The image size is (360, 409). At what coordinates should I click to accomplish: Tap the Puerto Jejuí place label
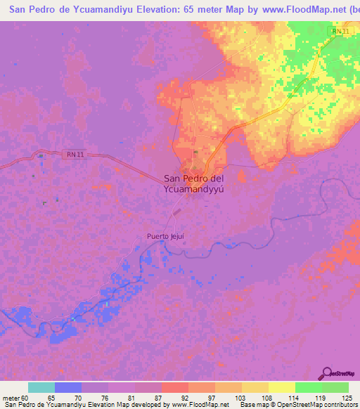pyautogui.click(x=166, y=237)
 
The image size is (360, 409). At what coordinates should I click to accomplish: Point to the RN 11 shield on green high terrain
pyautogui.click(x=340, y=32)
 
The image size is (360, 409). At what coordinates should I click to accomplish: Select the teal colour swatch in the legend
pyautogui.click(x=41, y=387)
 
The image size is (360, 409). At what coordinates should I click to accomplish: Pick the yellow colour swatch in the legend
pyautogui.click(x=281, y=387)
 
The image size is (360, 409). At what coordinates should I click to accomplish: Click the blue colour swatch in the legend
pyautogui.click(x=67, y=387)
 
